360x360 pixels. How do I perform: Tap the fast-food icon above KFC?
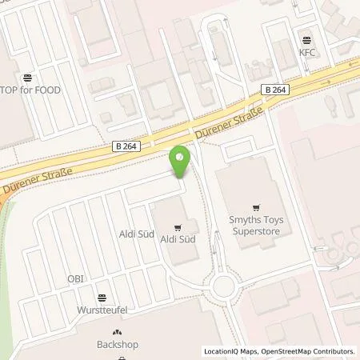[x=307, y=38]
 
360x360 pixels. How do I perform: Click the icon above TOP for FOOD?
[x=28, y=78]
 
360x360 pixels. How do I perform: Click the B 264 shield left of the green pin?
[x=129, y=145]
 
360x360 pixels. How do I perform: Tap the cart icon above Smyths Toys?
[x=256, y=205]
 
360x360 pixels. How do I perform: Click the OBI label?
[x=75, y=279]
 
